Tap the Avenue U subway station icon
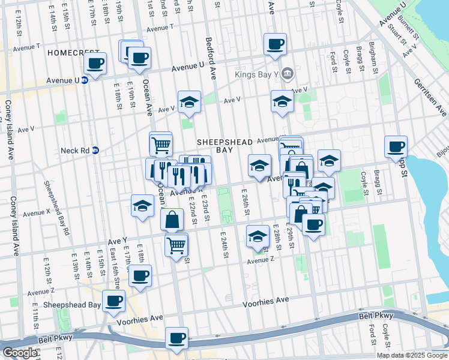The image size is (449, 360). (85, 79)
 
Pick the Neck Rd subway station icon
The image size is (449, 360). (95, 151)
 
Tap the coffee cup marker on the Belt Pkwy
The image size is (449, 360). (176, 338)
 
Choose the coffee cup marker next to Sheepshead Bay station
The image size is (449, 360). (113, 301)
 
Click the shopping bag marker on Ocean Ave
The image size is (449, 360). (172, 220)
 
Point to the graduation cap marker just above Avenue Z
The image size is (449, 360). (258, 236)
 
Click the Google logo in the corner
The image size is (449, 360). (19, 353)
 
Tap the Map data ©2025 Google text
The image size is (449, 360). (412, 355)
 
